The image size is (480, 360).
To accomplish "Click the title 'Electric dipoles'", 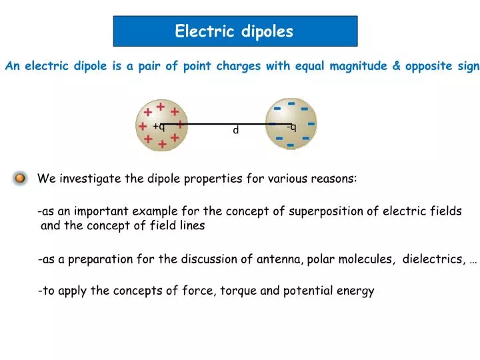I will [x=234, y=31].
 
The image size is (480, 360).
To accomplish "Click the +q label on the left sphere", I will [x=159, y=126].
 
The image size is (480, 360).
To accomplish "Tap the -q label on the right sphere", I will [x=291, y=127].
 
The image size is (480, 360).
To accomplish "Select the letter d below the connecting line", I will [x=235, y=131].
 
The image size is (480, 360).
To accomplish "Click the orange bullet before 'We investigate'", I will [x=20, y=179].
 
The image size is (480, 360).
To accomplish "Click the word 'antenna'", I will [x=279, y=260].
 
